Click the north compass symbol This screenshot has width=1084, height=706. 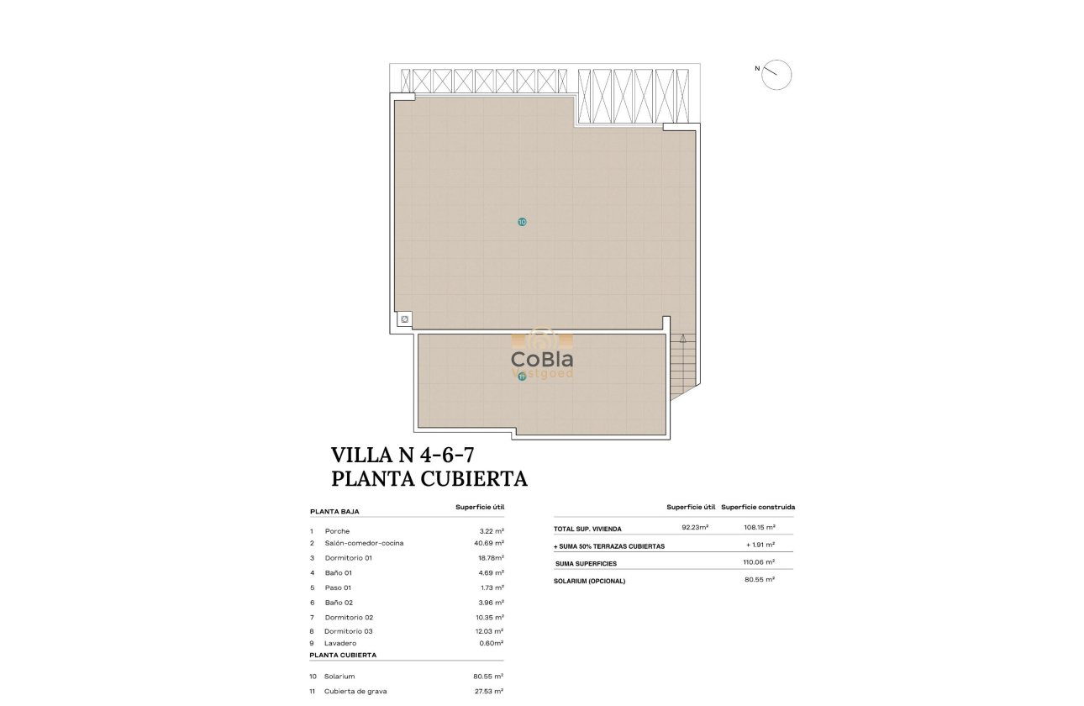click(776, 75)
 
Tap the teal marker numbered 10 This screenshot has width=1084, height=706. click(522, 222)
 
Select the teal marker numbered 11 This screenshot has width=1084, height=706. click(522, 377)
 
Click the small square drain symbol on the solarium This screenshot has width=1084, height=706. click(404, 319)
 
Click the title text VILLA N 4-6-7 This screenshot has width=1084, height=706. click(403, 456)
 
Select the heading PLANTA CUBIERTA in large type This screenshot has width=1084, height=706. click(429, 479)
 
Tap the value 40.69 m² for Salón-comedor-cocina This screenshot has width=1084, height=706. click(488, 543)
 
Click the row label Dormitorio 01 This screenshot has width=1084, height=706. click(348, 558)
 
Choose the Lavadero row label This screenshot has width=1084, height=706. click(340, 643)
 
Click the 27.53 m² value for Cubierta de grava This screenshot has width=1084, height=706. click(488, 691)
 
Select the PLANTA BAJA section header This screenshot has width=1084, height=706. click(334, 511)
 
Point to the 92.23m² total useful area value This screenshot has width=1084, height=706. click(695, 528)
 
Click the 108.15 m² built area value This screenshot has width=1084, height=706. click(760, 528)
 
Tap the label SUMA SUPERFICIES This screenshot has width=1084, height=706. click(586, 563)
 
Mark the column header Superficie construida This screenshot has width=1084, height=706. click(758, 507)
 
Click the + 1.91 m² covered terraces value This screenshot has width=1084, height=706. click(760, 545)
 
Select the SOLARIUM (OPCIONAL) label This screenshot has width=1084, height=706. click(589, 581)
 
